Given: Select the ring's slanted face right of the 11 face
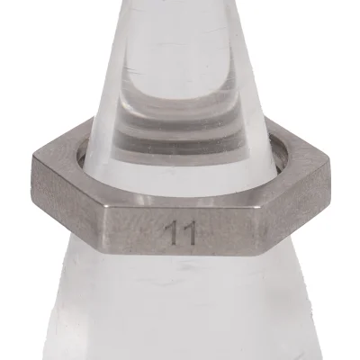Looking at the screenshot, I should [x=283, y=193].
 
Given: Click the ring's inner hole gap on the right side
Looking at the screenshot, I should [x=281, y=161].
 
